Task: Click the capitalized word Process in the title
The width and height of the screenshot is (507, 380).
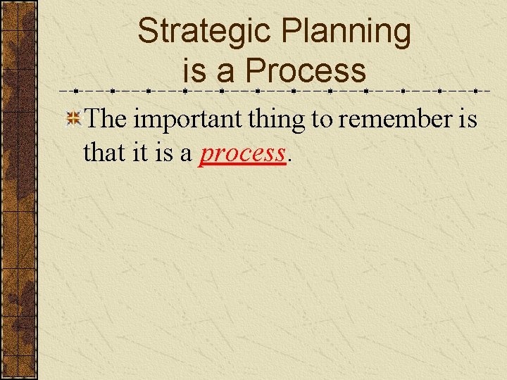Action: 306,71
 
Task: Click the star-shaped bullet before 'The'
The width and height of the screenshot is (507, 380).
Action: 73,120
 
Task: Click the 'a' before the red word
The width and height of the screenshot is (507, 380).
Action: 186,153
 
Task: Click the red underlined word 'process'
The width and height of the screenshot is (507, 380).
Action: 242,153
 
